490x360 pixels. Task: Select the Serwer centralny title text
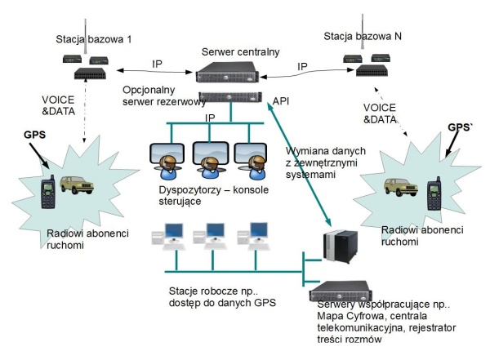[241, 51]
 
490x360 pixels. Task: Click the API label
[282, 101]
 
